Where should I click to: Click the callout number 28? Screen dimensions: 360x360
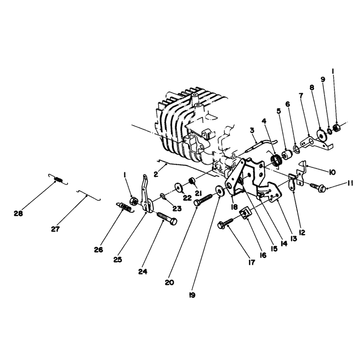pos(18,213)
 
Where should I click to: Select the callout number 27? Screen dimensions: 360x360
pos(55,229)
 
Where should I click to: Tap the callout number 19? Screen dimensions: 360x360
pos(192,295)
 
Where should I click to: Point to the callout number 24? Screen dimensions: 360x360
pos(143,272)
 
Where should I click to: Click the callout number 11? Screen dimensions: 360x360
pos(350,184)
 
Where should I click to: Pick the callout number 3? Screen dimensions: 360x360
pos(252,130)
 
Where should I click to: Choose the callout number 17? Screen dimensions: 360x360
pos(252,262)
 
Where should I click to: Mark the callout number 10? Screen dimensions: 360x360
pos(332,172)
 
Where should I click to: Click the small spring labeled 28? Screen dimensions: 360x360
pos(58,179)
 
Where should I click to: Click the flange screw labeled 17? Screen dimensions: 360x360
pos(225,223)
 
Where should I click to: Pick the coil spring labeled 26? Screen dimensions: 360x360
pos(124,207)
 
